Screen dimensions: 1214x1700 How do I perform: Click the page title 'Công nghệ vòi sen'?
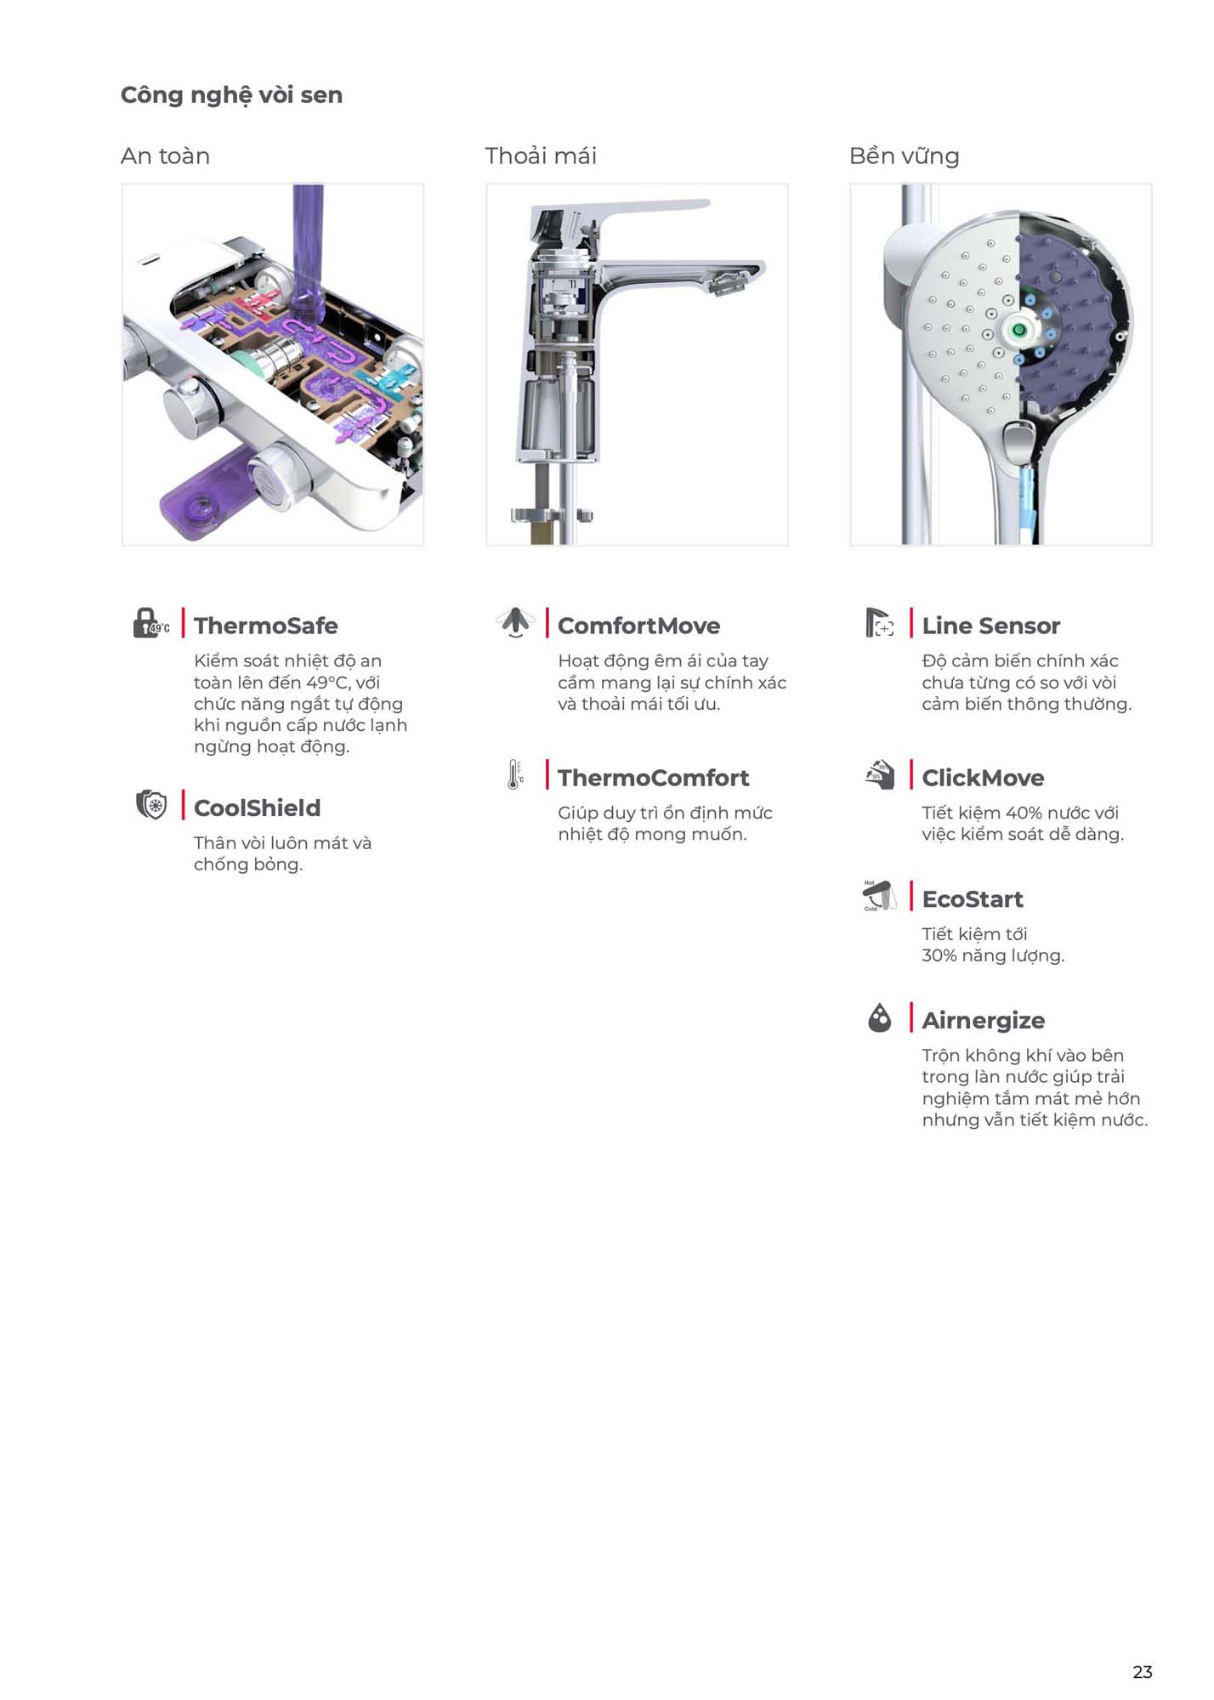[231, 95]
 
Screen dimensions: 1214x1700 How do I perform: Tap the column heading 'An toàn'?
[165, 156]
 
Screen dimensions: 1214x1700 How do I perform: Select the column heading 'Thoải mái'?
[541, 156]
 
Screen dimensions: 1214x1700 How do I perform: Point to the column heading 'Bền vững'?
[904, 156]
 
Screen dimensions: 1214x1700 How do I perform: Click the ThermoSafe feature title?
[265, 626]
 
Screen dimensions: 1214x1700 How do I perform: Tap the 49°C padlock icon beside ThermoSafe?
[150, 623]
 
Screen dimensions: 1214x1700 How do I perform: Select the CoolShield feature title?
[257, 807]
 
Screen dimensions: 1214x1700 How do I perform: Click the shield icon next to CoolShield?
[151, 804]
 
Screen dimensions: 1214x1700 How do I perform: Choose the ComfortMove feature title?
[638, 626]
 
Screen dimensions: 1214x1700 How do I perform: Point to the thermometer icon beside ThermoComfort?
[515, 774]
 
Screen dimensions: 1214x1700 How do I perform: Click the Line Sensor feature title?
[990, 626]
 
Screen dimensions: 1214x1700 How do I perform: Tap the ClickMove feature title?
[983, 778]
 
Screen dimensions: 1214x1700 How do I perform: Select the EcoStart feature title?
[973, 899]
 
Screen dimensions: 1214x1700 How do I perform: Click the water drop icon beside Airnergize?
[880, 1017]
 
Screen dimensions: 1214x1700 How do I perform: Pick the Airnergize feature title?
[984, 1021]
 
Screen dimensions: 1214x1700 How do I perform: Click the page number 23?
[1143, 1672]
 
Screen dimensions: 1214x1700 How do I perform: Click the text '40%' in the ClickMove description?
[1024, 813]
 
